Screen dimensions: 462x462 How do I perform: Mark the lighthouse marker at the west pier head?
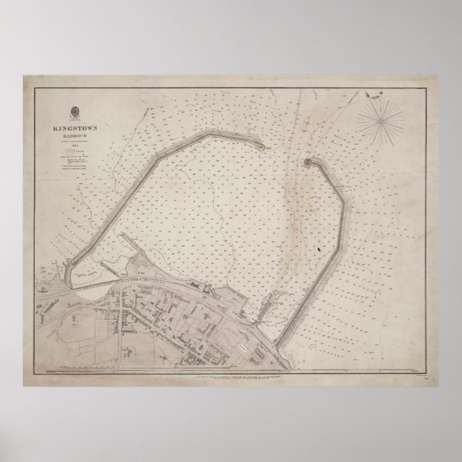[262, 146]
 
